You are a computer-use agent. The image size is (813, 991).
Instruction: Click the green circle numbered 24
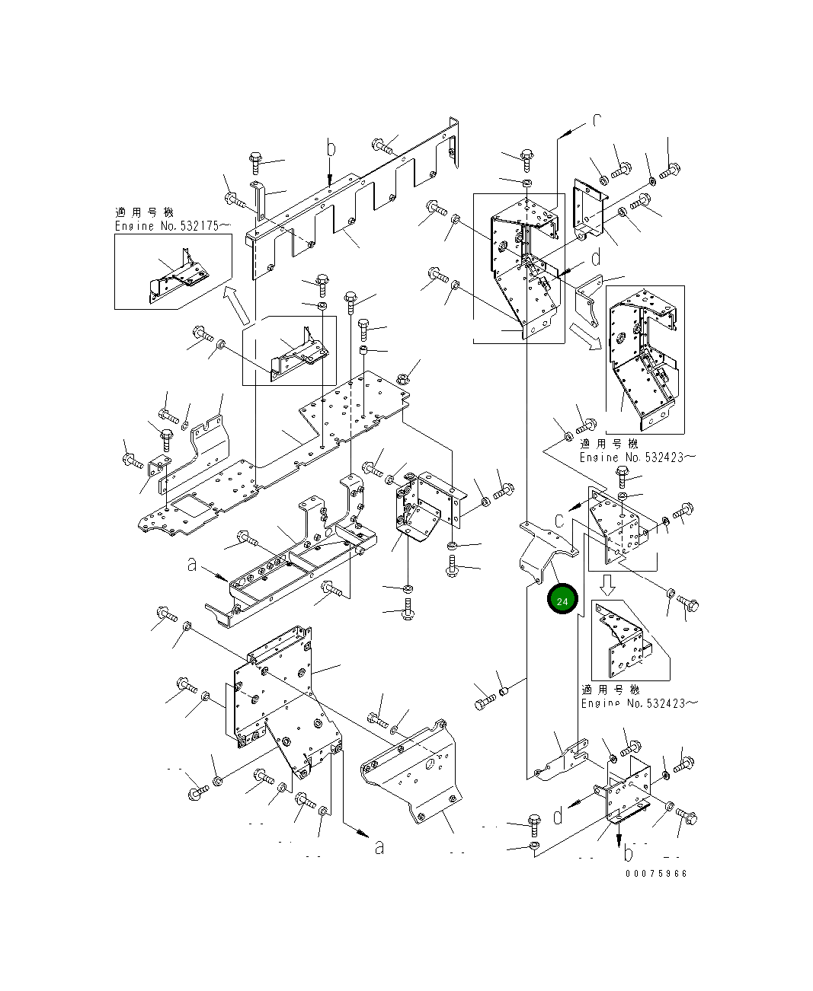562,601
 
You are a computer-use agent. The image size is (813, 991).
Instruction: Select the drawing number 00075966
656,874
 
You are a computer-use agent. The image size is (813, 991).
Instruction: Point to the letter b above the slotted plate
330,149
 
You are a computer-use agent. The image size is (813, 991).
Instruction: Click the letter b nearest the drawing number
629,849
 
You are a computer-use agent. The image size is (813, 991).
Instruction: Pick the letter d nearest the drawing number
559,816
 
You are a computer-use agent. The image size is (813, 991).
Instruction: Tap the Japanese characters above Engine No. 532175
142,212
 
